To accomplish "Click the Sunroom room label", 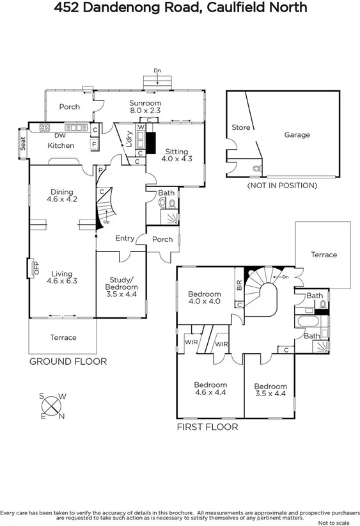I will (145, 103).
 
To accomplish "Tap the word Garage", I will (297, 135).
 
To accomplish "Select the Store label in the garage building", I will (241, 128).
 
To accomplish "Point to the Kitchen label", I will (61, 146).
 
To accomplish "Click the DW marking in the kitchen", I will (59, 136).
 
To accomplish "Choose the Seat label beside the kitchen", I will (22, 142).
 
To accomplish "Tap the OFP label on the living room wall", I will (36, 268).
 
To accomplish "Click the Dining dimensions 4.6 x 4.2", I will (63, 200).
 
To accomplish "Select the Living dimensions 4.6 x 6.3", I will (63, 280).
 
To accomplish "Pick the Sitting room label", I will (176, 150).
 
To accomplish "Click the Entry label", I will (125, 239).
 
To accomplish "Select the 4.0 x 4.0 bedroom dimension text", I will (204, 301).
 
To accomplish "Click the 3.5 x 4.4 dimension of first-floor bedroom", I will (270, 394).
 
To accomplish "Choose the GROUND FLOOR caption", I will (68, 362).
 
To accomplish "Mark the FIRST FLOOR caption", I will (207, 426).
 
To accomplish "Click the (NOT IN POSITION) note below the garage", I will (282, 186).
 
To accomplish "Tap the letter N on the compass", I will (61, 418).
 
